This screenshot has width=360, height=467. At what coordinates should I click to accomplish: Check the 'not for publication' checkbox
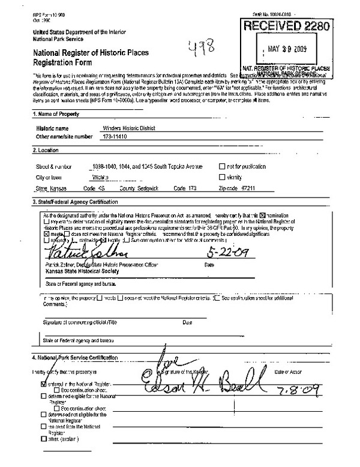(x=222, y=166)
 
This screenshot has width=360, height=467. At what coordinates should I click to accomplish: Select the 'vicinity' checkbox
(x=222, y=178)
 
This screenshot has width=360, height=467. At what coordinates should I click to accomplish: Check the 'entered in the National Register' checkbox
(x=43, y=382)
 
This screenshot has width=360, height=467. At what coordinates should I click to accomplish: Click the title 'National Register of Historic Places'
(x=91, y=53)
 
